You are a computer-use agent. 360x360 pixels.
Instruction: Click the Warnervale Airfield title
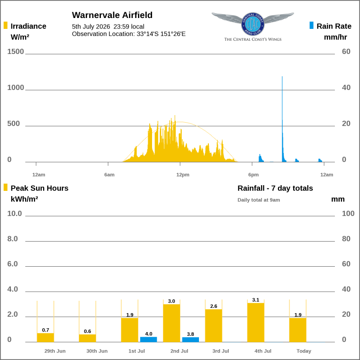112,15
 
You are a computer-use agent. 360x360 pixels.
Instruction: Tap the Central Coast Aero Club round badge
252,24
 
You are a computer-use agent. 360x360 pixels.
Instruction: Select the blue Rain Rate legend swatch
311,25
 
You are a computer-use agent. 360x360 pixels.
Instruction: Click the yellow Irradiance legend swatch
6,25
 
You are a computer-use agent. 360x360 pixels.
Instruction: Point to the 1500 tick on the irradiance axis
15,52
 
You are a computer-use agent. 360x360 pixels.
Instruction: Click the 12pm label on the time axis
183,175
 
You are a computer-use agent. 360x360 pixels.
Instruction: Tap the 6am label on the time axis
109,175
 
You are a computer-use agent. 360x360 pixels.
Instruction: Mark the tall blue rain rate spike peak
282,77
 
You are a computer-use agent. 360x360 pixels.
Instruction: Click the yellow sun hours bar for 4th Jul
256,323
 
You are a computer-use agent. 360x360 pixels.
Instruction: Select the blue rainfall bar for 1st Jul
149,339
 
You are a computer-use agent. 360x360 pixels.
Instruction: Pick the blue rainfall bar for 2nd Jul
190,340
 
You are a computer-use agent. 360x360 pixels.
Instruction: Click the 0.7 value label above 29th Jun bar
45,330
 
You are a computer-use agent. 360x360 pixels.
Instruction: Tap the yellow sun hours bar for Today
298,330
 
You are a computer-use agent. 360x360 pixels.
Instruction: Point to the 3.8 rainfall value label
190,334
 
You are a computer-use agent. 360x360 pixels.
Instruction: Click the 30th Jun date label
97,351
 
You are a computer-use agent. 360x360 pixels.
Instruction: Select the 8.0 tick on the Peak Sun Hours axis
12,239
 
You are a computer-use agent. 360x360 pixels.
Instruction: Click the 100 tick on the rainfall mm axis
348,214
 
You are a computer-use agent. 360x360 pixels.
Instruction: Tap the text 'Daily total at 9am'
259,200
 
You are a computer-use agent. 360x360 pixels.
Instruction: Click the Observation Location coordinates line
128,34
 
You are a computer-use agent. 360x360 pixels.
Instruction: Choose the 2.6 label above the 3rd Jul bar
214,306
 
